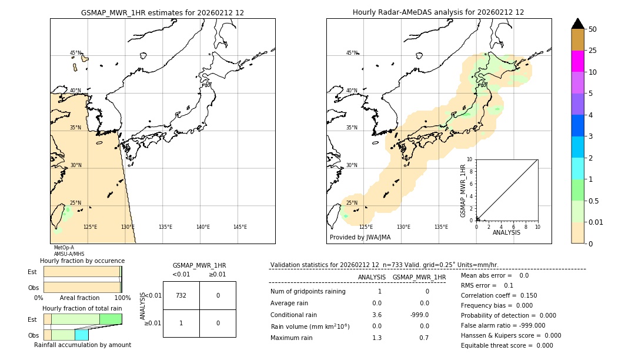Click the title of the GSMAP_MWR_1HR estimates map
[162, 12]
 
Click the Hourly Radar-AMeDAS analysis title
[438, 12]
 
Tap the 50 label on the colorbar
[593, 29]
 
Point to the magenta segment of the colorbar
[577, 61]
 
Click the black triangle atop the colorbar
[577, 24]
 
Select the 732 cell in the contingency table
[181, 295]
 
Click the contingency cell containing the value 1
[181, 323]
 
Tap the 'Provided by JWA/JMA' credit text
[360, 238]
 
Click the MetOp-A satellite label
[64, 248]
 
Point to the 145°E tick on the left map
[240, 227]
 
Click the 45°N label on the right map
[352, 53]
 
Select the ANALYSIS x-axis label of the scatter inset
[506, 232]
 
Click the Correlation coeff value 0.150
[527, 295]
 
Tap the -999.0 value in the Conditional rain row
[419, 315]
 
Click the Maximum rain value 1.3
[377, 338]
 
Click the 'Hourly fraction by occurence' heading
[82, 261]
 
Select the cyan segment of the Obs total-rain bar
[81, 335]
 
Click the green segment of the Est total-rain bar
[111, 319]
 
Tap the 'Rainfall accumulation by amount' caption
[82, 345]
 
